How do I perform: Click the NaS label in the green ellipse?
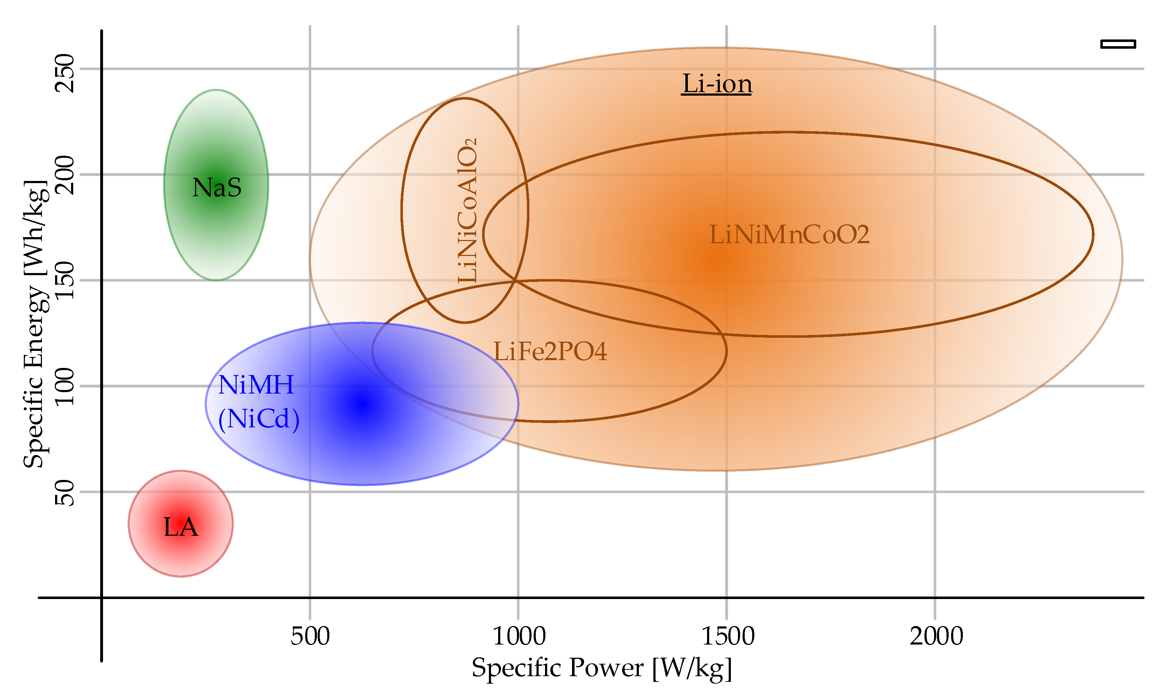point(217,187)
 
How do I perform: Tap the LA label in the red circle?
point(180,527)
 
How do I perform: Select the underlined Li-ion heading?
point(717,84)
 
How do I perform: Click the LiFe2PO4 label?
point(550,351)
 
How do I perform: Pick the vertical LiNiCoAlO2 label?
point(467,210)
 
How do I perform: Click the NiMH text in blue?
point(256,385)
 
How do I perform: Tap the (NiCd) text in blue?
point(258,419)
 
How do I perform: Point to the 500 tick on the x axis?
point(310,636)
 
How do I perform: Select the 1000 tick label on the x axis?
point(518,636)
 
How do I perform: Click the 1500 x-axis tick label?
point(727,636)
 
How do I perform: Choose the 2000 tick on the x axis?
point(936,636)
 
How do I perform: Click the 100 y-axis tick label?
point(65,386)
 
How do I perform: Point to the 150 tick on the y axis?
point(65,280)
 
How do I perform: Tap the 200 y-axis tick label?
point(65,175)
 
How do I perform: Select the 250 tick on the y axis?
point(65,73)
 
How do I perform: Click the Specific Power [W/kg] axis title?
point(602,668)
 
